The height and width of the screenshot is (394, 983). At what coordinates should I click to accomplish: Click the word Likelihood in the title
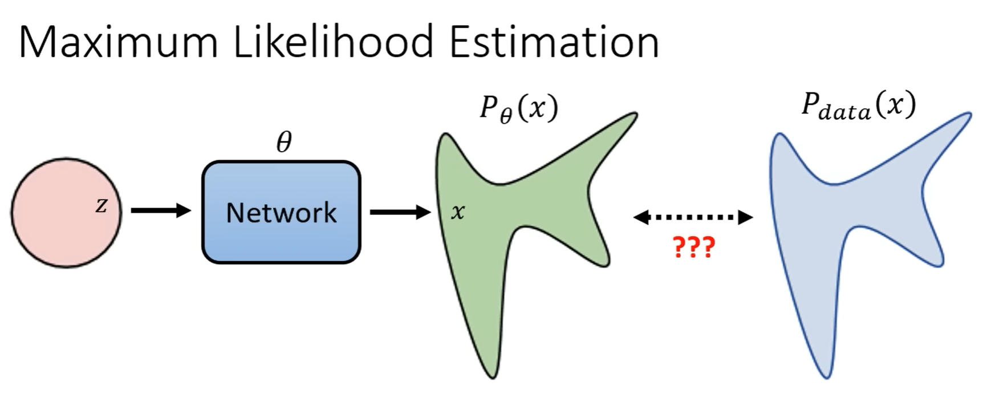(334, 42)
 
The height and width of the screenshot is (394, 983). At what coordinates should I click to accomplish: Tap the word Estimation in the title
(554, 42)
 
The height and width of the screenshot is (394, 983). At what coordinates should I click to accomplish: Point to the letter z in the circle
(101, 205)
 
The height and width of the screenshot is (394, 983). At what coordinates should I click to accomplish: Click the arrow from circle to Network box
(160, 211)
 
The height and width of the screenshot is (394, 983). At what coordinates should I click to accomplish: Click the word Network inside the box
(281, 213)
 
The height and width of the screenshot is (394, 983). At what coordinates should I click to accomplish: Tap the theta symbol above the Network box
(283, 141)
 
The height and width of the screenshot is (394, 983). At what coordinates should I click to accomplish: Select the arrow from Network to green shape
(400, 213)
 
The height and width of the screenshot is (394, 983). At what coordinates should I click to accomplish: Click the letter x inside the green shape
(457, 212)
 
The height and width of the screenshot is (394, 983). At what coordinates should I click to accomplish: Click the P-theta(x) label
(518, 108)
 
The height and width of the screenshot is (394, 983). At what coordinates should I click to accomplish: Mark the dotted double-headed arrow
(693, 217)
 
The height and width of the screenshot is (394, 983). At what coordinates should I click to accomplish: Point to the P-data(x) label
(858, 105)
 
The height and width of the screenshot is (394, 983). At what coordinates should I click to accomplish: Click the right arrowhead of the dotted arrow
(745, 217)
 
